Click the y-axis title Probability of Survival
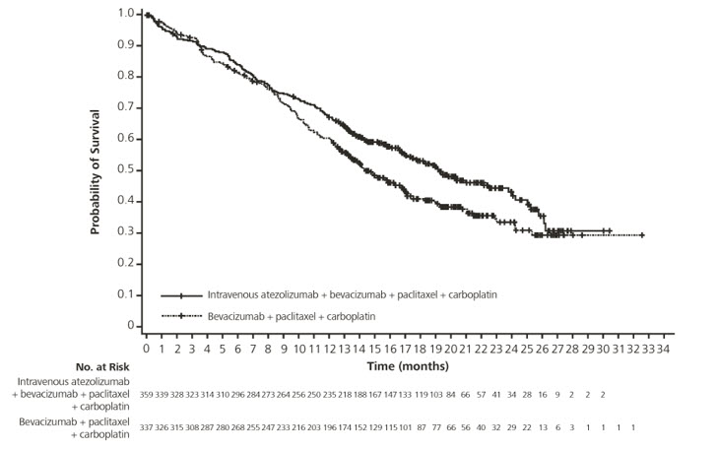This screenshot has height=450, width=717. pyautogui.click(x=97, y=169)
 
